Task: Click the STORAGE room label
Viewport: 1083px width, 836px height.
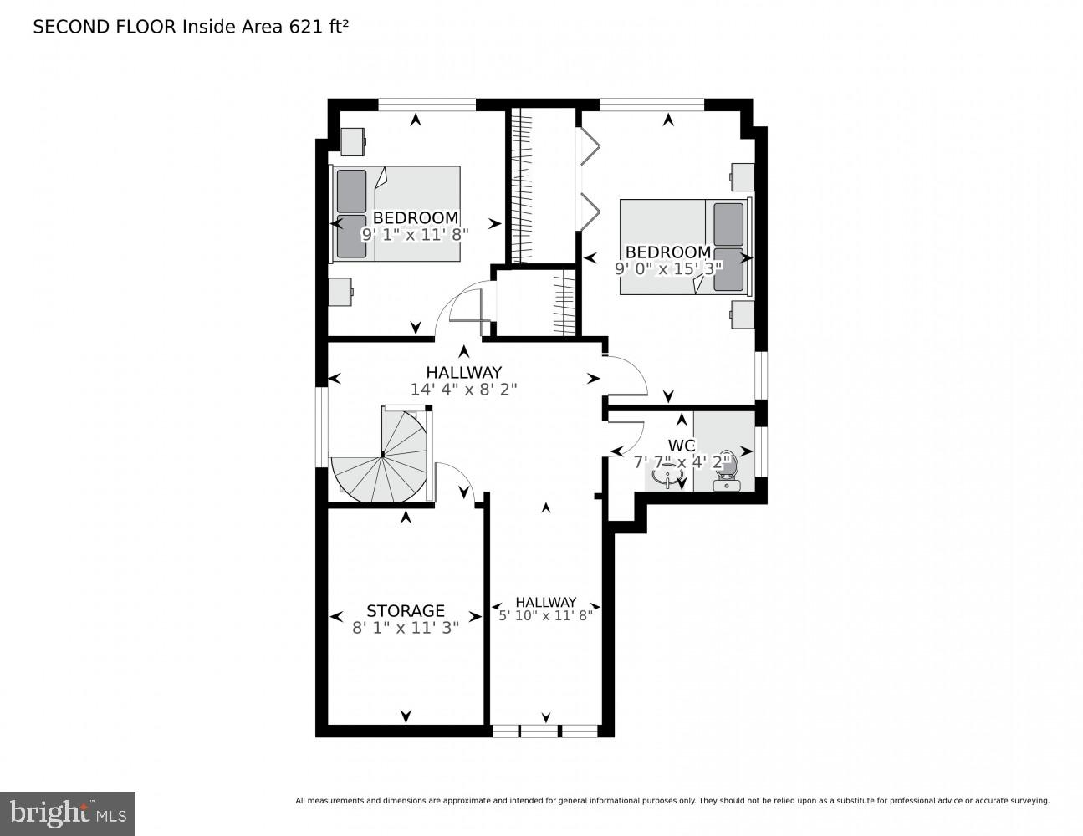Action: click(405, 611)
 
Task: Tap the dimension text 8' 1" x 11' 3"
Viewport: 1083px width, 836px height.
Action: click(405, 628)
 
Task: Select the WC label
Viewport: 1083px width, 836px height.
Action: click(682, 446)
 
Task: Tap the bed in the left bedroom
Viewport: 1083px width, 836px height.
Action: click(397, 212)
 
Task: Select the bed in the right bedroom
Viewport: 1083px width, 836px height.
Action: click(683, 247)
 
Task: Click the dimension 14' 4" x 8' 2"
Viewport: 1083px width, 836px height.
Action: click(463, 389)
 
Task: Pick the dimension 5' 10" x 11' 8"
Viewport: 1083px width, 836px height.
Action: click(545, 616)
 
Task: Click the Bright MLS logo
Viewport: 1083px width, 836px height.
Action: click(68, 813)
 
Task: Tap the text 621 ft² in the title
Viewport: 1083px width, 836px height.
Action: click(318, 27)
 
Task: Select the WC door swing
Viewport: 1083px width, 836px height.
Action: click(627, 437)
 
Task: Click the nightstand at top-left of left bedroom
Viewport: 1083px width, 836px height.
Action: click(352, 141)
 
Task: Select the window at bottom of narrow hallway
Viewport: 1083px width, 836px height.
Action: click(545, 731)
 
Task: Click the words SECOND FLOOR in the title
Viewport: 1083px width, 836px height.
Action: click(105, 27)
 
